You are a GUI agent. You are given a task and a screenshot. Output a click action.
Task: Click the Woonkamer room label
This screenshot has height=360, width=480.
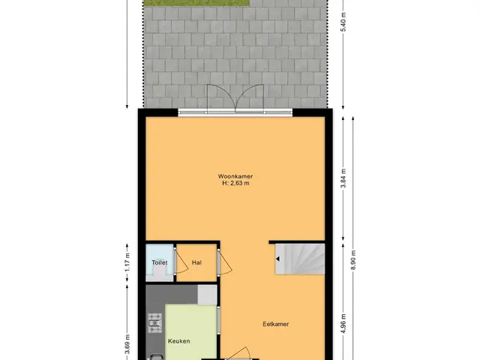pyautogui.click(x=235, y=176)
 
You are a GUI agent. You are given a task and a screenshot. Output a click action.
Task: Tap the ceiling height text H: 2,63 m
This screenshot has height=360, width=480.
pyautogui.click(x=235, y=183)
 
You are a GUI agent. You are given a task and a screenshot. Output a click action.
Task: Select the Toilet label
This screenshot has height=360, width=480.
pyautogui.click(x=160, y=262)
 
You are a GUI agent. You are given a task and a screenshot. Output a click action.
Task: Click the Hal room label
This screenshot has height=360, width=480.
pyautogui.click(x=196, y=262)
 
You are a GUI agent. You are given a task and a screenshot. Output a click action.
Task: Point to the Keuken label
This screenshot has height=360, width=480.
pyautogui.click(x=178, y=341)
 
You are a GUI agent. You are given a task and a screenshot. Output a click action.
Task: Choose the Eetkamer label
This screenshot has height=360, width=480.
pyautogui.click(x=275, y=324)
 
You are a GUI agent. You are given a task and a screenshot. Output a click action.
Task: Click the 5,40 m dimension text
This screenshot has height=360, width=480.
pyautogui.click(x=343, y=22)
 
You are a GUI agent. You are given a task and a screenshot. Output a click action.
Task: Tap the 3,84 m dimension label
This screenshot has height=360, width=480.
pyautogui.click(x=343, y=178)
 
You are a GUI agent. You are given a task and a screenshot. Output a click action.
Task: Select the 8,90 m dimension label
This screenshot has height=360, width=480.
pyautogui.click(x=353, y=260)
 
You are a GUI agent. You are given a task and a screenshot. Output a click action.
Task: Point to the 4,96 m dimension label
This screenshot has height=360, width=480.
pyautogui.click(x=343, y=324)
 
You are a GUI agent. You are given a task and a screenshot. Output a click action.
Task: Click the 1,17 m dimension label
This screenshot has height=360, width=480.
pyautogui.click(x=127, y=262)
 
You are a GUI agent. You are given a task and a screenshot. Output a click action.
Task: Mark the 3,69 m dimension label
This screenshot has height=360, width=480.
pyautogui.click(x=127, y=344)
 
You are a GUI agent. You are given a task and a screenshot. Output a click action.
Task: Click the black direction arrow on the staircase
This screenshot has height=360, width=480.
pyautogui.click(x=277, y=259)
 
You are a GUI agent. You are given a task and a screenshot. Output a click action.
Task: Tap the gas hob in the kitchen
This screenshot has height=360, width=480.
pyautogui.click(x=155, y=323)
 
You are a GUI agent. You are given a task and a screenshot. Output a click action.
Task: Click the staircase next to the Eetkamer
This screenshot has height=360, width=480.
pyautogui.click(x=300, y=259)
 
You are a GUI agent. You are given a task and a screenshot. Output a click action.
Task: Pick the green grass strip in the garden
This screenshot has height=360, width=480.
pyautogui.click(x=197, y=3)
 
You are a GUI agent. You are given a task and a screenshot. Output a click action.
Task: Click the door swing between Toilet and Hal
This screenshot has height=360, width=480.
pyautogui.click(x=181, y=262)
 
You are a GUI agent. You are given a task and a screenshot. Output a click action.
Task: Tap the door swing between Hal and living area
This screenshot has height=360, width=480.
pyautogui.click(x=225, y=262)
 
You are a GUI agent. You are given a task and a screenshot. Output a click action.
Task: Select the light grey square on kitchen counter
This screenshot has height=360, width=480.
pyautogui.click(x=207, y=295)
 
